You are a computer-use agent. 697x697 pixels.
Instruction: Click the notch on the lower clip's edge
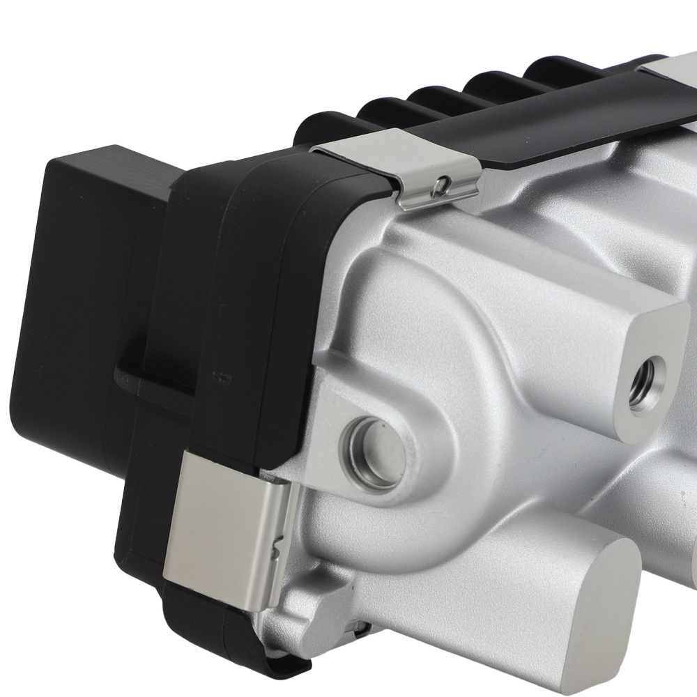coord(279,537)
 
